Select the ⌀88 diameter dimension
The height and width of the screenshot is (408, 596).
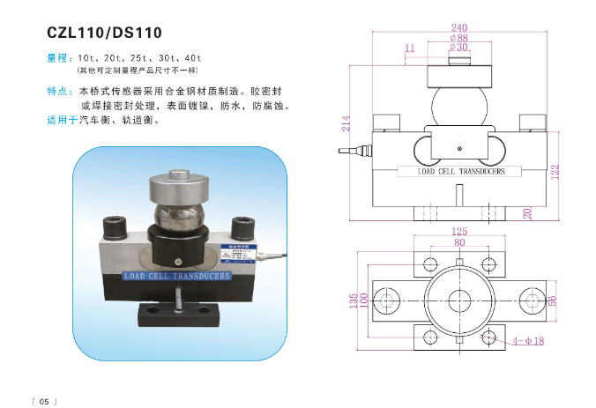[x=458, y=37]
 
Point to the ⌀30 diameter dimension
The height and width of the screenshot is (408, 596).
[x=458, y=47]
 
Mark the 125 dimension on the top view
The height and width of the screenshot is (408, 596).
[x=458, y=232]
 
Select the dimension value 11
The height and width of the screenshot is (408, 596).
[x=409, y=47]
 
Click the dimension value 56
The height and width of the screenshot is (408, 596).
[x=554, y=300]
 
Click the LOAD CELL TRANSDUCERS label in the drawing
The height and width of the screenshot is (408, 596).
[x=461, y=171]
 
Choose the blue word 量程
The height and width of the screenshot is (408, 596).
[x=57, y=57]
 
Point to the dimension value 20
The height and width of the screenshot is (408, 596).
[x=526, y=213]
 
